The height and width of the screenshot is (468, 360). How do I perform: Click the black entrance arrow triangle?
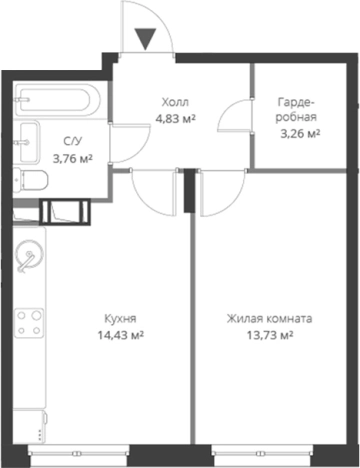pos(146,38)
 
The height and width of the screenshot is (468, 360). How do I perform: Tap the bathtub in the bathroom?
pos(57,99)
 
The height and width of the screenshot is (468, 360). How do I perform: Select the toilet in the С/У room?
pos(31,180)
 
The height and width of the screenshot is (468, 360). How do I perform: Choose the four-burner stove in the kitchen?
pos(29,322)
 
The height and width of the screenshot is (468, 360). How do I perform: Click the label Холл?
pos(175,102)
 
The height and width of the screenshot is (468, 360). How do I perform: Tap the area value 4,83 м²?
pos(175,118)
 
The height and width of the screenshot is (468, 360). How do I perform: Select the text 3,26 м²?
pos(300,134)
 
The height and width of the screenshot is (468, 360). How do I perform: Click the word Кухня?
pos(120,319)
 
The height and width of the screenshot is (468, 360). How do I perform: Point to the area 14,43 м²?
pos(120,335)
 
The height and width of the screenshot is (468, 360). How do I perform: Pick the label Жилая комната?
pos(269,319)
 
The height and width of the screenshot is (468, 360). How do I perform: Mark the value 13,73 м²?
pos(270,335)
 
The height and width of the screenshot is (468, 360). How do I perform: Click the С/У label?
pos(72,142)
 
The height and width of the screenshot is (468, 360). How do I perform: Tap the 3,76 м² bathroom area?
pos(73,158)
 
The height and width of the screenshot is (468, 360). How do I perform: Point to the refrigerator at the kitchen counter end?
pos(30,427)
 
